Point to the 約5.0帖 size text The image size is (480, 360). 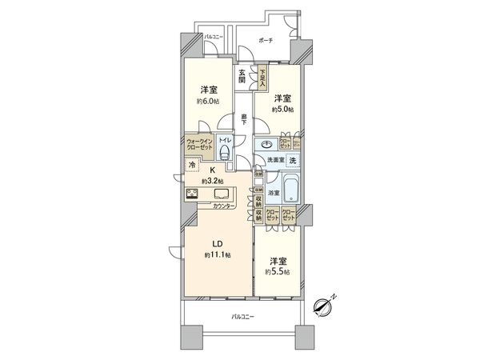point(279,109)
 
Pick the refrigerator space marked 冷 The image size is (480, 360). point(192,167)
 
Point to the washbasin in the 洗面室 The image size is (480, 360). point(266,144)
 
